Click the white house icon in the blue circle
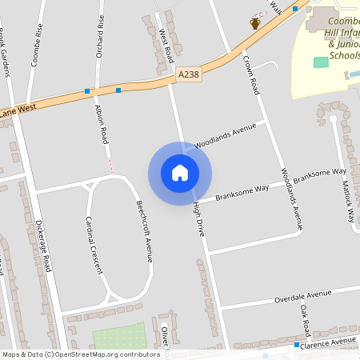[180, 172]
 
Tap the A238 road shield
[188, 74]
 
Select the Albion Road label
[102, 124]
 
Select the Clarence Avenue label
[327, 342]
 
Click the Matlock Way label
[350, 204]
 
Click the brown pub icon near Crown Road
[255, 23]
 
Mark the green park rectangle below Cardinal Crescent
[119, 336]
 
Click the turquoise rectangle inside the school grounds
[321, 62]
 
